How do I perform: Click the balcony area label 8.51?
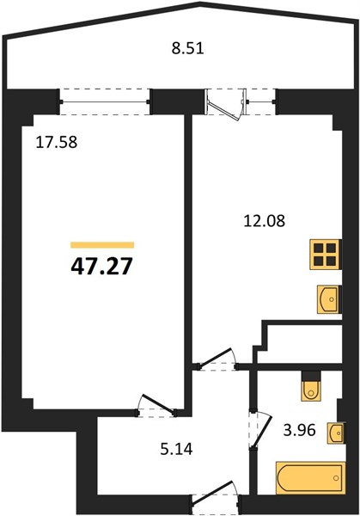click(188, 48)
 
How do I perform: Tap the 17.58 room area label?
click(57, 142)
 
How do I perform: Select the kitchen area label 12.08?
click(265, 220)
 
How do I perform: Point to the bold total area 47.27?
click(101, 266)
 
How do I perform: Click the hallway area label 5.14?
click(176, 449)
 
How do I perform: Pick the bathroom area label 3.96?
click(300, 429)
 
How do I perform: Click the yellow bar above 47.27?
click(102, 244)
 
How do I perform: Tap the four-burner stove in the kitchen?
click(324, 255)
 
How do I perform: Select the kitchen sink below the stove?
click(327, 299)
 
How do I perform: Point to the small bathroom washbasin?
click(335, 433)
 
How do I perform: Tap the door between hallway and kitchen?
click(217, 360)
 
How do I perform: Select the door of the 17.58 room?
click(157, 405)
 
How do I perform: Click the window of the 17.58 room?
click(105, 101)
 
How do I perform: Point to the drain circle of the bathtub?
click(336, 478)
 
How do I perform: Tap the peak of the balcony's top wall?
click(200, 3)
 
